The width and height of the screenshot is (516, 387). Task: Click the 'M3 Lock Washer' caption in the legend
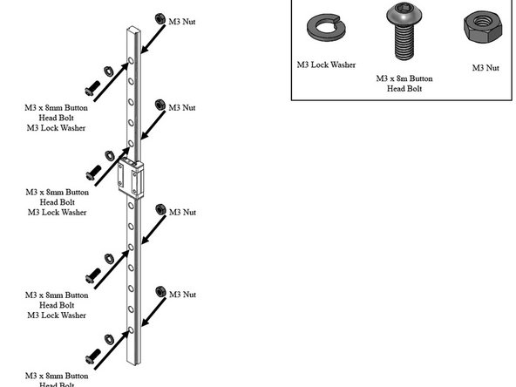[x=326, y=64]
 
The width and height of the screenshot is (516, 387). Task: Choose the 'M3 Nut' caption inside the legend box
[x=485, y=67]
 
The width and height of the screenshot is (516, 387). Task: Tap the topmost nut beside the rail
[x=160, y=18]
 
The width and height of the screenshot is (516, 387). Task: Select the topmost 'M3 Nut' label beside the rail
[x=181, y=20]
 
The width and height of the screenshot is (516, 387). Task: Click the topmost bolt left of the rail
[x=90, y=89]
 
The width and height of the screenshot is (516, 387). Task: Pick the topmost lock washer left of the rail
[x=105, y=70]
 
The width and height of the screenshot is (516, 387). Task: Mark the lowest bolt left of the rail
[x=90, y=357]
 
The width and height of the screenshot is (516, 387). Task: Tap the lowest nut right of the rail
[x=160, y=290]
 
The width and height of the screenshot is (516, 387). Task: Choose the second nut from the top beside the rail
[x=160, y=105]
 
